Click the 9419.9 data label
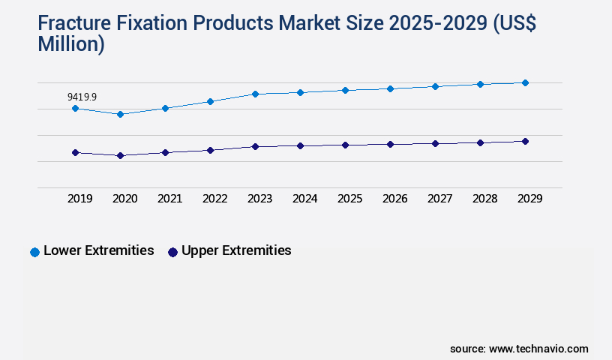[x=82, y=97]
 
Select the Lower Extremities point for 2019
[x=75, y=108]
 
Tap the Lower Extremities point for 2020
[x=120, y=114]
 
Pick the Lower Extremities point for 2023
[x=255, y=94]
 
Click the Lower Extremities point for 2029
[x=525, y=82]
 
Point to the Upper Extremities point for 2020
[x=120, y=155]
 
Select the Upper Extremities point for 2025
[x=345, y=145]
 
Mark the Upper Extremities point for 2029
[x=525, y=141]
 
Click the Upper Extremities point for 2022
[x=210, y=150]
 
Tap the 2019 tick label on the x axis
[x=79, y=199]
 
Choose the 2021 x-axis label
[x=169, y=199]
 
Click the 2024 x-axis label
[x=304, y=199]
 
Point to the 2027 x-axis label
[x=439, y=199]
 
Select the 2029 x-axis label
[x=529, y=199]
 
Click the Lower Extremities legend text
[x=99, y=251]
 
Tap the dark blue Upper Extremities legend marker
[x=172, y=252]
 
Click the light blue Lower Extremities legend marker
[x=34, y=252]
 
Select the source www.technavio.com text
[x=519, y=349]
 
